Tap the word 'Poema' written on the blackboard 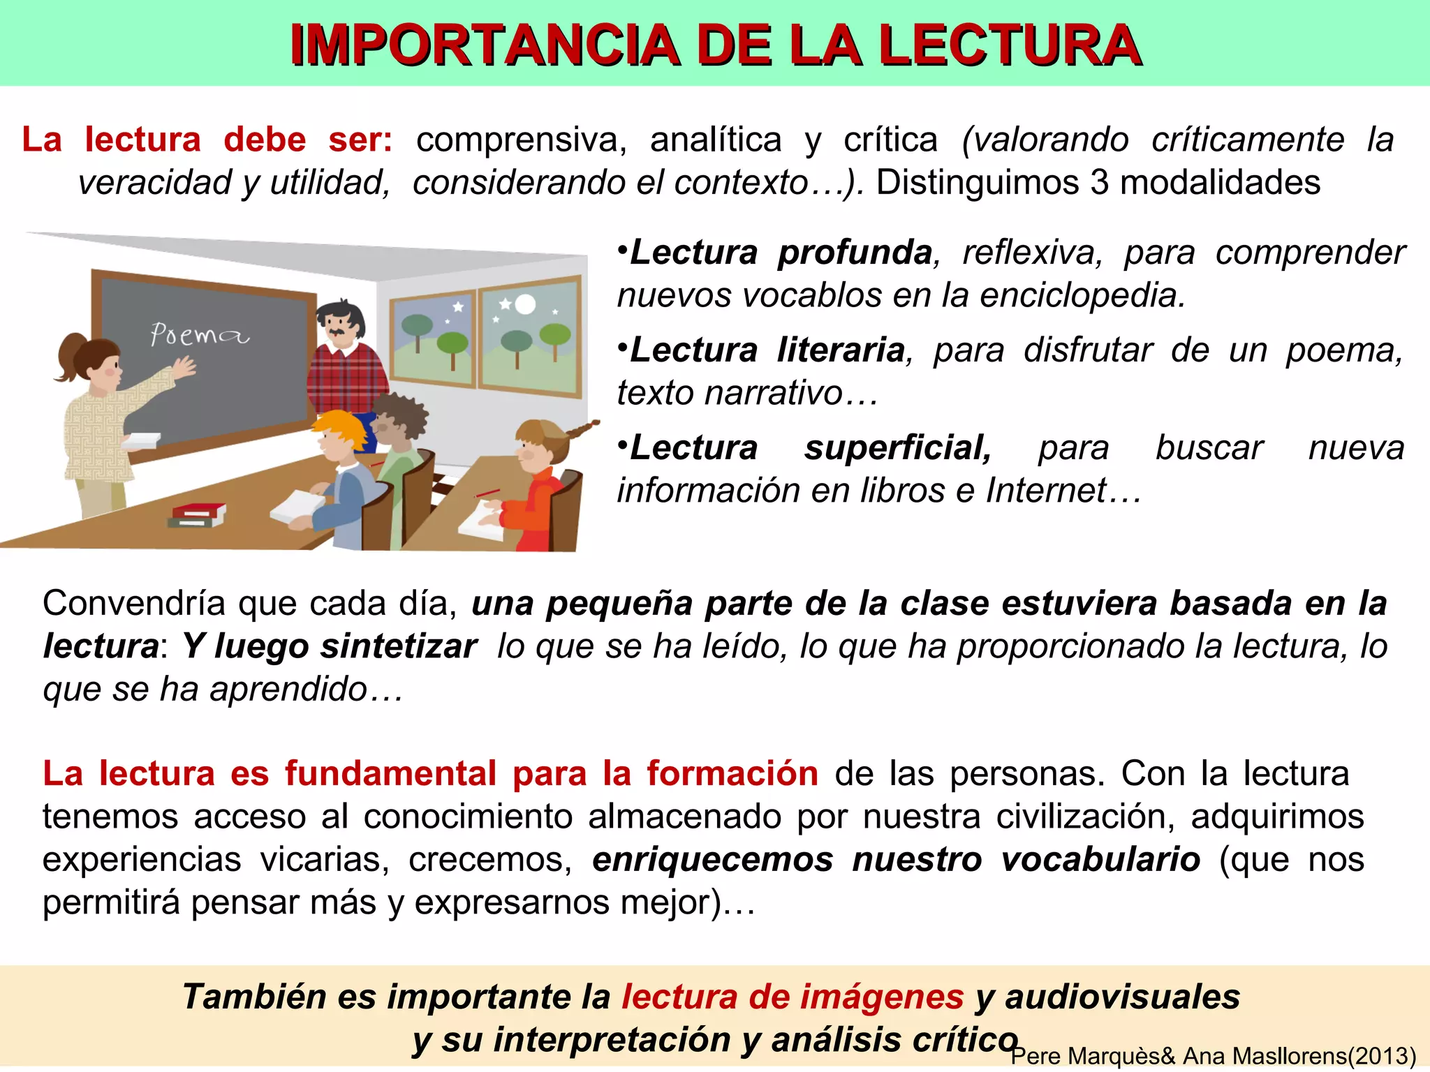(199, 335)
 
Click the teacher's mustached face (340, 328)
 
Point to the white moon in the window (525, 304)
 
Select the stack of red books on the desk (198, 516)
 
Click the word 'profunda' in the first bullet (855, 252)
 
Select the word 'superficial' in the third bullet (897, 447)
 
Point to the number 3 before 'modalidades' (1099, 182)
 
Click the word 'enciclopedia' (1082, 295)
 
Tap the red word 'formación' (732, 773)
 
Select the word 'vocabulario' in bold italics (1100, 859)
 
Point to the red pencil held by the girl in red (487, 494)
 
